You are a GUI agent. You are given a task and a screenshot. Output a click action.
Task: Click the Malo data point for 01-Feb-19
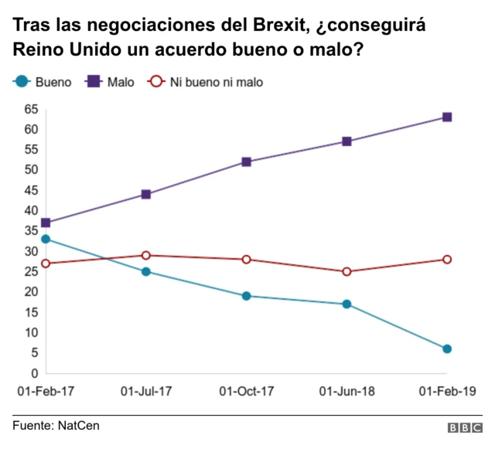447,117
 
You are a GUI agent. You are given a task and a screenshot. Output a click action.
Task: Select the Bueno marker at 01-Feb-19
447,349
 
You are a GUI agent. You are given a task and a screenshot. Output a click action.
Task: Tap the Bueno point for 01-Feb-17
46,239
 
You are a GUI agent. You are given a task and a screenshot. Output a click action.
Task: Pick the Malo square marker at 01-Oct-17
246,162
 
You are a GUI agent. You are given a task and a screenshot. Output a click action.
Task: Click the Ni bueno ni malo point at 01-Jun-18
346,271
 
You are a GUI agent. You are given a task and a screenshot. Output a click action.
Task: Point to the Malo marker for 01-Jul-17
145,194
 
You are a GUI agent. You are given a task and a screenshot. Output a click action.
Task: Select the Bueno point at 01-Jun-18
346,304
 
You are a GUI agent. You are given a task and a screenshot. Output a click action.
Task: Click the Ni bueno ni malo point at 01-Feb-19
447,259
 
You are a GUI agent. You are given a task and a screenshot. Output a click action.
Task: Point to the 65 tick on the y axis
31,109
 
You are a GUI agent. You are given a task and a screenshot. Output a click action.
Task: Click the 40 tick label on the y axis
31,210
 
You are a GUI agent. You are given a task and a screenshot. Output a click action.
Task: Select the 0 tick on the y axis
34,373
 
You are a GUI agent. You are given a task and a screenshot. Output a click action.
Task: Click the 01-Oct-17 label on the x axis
247,392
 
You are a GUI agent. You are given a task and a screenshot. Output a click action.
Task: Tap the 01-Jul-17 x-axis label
146,392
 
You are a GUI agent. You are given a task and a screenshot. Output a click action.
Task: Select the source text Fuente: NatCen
56,426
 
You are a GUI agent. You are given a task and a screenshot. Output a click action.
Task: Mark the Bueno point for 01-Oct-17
246,296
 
